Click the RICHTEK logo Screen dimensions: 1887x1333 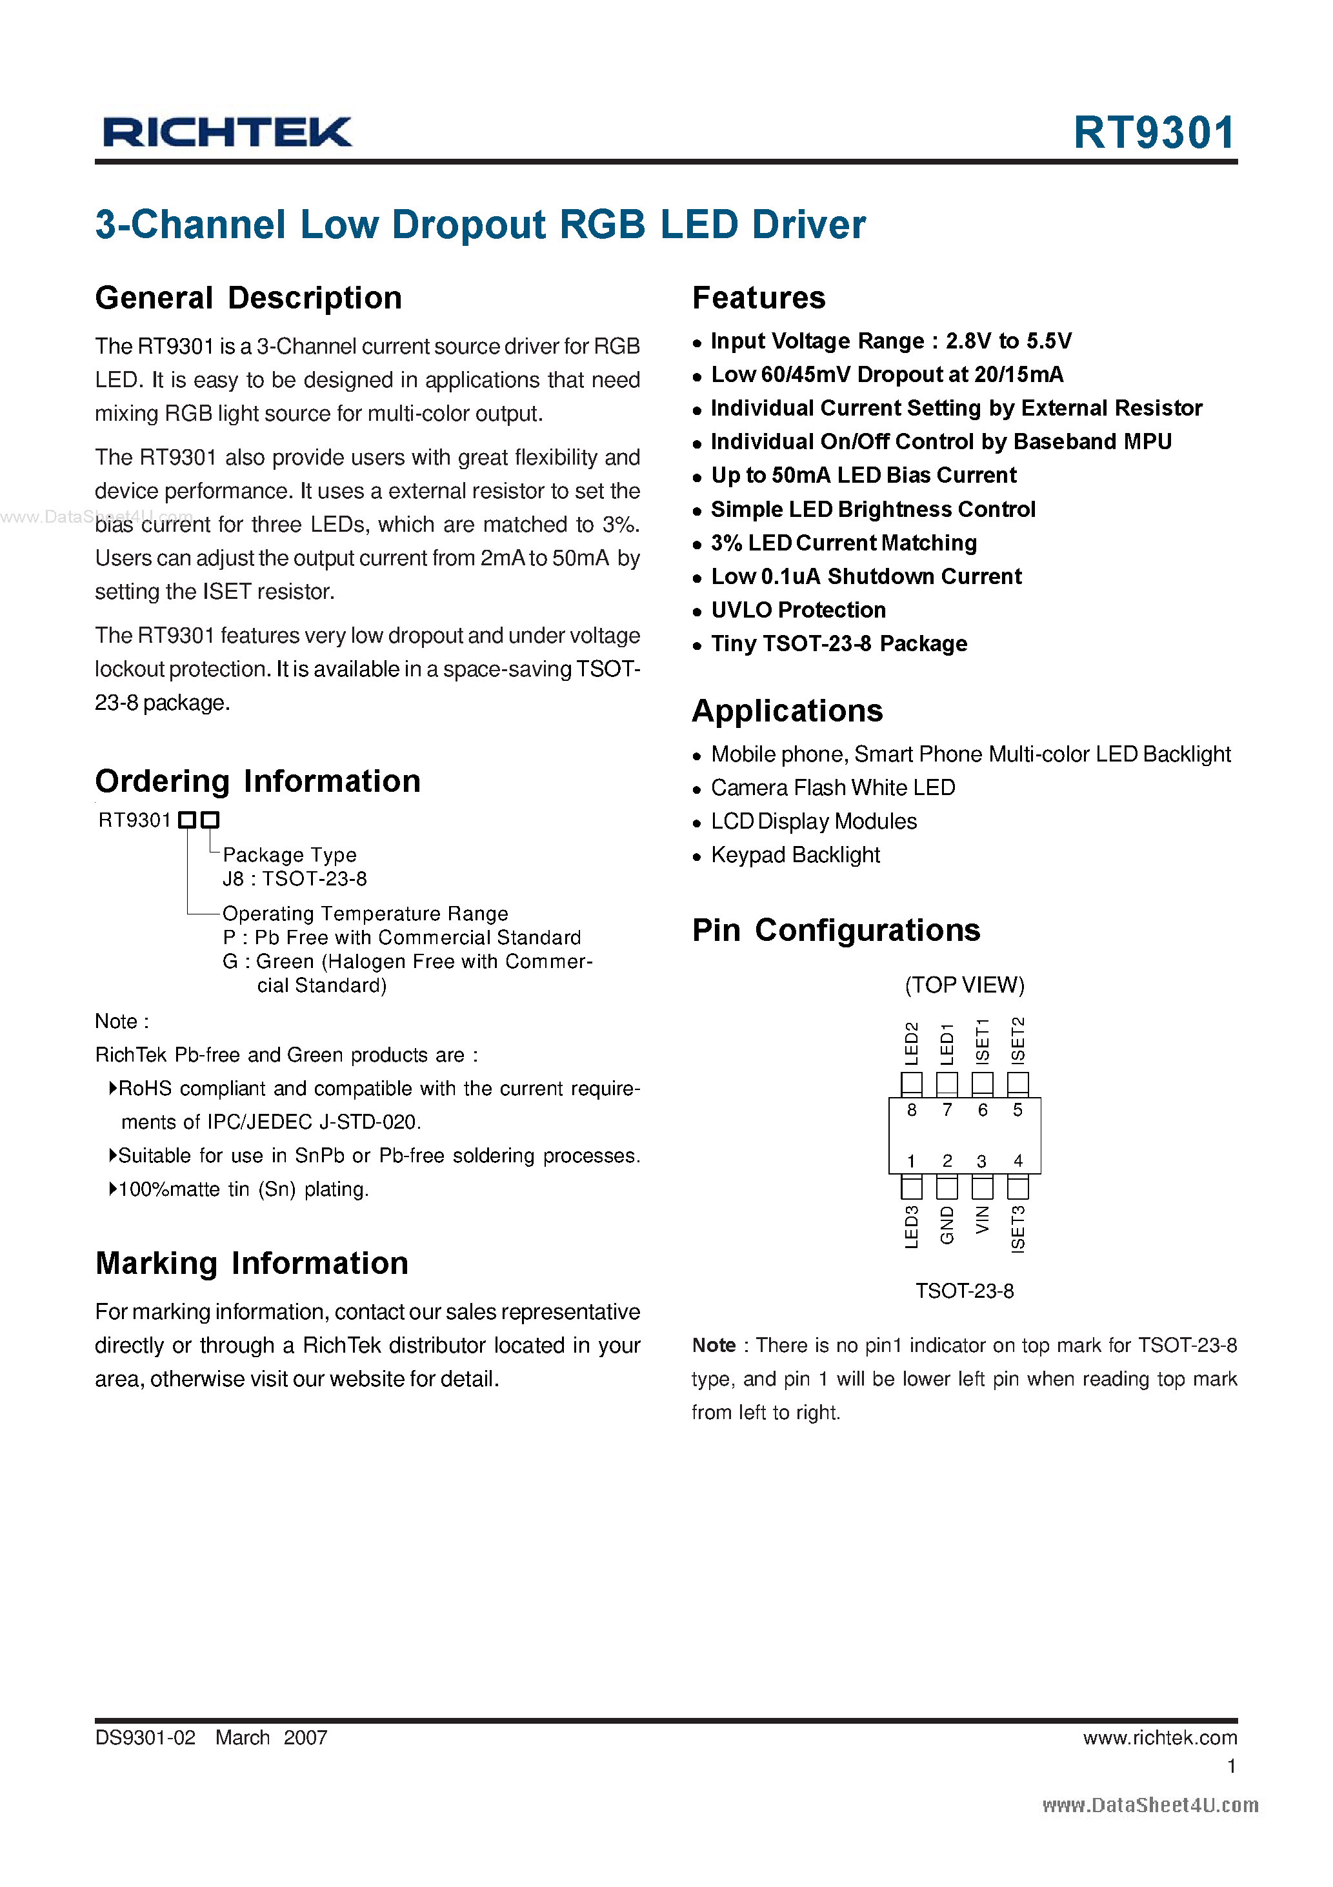click(x=227, y=132)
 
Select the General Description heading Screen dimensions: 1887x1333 click(x=248, y=298)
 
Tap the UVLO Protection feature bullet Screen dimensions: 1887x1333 click(x=797, y=610)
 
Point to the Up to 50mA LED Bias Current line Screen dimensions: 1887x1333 click(x=863, y=475)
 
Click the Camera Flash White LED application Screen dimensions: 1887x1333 click(x=832, y=787)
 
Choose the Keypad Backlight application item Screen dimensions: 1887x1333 click(x=795, y=854)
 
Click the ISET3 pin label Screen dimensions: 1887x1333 click(x=1017, y=1228)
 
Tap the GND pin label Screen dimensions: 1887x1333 click(x=947, y=1225)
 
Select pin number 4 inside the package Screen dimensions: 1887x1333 click(x=1017, y=1160)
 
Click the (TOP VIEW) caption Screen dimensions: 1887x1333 click(x=964, y=985)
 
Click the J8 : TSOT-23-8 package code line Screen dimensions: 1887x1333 click(x=294, y=878)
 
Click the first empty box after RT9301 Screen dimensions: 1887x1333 click(x=187, y=820)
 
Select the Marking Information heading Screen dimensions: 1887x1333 click(x=252, y=1262)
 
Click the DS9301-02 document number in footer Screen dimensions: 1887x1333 click(x=145, y=1737)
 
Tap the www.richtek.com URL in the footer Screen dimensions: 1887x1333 click(x=1159, y=1737)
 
